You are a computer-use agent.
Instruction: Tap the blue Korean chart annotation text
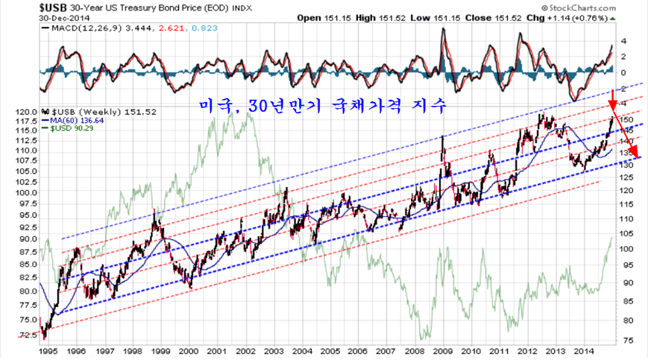323,107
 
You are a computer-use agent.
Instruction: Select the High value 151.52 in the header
399,16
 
